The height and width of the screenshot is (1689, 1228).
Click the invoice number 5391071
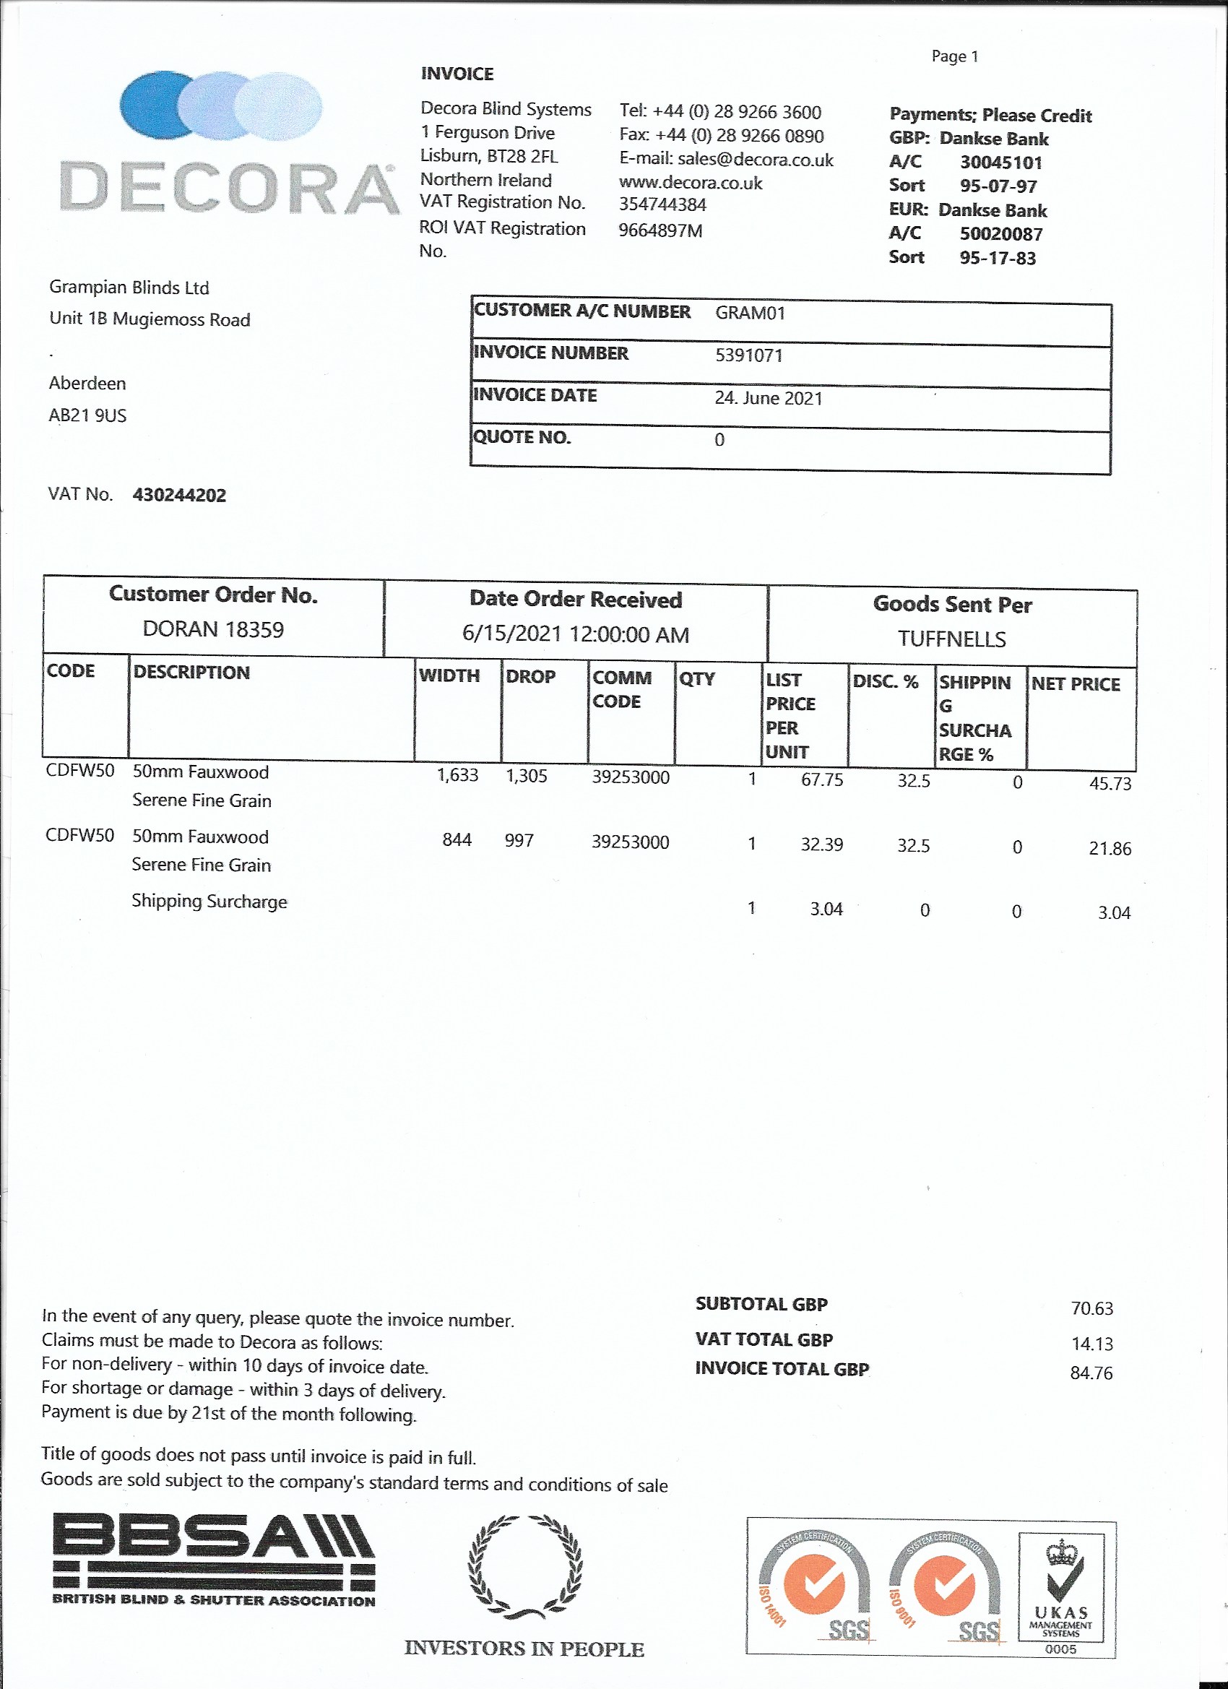748,355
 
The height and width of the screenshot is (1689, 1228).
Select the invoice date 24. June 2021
768,397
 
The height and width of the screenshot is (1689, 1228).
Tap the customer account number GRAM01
750,313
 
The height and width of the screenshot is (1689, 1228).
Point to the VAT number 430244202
178,496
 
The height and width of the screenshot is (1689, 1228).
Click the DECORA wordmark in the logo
228,187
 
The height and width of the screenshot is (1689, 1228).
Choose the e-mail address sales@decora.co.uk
755,160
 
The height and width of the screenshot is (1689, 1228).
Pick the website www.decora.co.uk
691,183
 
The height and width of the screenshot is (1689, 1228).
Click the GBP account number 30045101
1000,163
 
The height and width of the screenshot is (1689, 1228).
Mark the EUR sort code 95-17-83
997,258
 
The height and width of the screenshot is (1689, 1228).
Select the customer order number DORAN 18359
213,629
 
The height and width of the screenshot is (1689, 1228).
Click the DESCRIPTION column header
191,672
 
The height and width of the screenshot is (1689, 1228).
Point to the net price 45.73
1110,783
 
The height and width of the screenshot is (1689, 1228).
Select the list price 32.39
821,844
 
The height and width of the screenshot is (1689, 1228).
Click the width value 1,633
457,775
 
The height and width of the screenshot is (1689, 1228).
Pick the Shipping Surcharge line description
209,901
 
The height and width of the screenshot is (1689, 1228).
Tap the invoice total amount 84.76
1091,1373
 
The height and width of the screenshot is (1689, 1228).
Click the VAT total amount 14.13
1091,1344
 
